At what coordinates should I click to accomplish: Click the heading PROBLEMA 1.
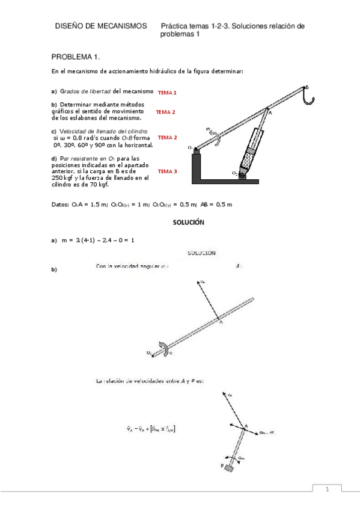click(x=76, y=57)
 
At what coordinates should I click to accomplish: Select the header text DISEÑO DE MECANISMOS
click(x=100, y=26)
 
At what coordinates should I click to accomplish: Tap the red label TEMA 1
click(x=166, y=93)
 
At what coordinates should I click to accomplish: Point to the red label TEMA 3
click(x=166, y=171)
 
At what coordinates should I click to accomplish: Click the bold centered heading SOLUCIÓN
click(x=189, y=222)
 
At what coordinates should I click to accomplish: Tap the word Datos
click(x=60, y=204)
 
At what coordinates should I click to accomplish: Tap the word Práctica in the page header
click(x=175, y=26)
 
